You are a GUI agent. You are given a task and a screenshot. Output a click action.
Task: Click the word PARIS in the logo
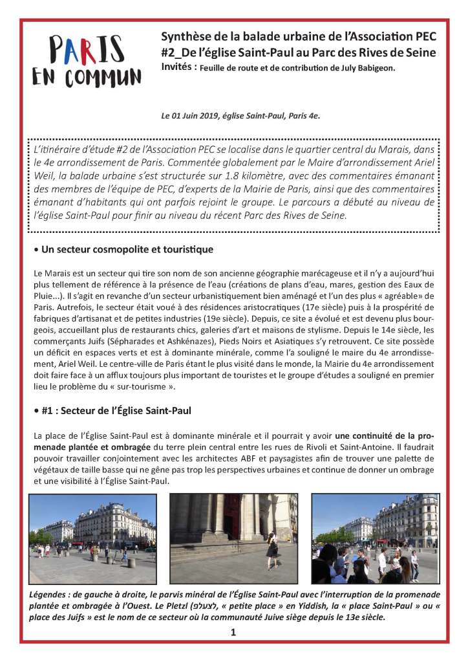[87, 49]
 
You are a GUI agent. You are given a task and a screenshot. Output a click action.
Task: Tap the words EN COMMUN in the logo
[87, 76]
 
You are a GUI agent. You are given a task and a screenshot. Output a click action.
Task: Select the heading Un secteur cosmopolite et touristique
[127, 249]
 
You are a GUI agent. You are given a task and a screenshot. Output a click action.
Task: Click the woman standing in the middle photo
[272, 547]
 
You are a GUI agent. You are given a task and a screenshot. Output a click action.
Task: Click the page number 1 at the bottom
[233, 633]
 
